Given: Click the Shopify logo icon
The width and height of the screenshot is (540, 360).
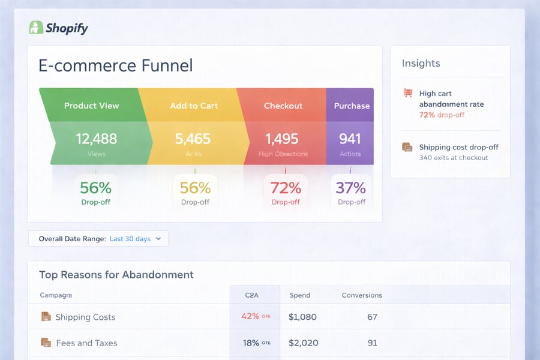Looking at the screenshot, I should (x=36, y=28).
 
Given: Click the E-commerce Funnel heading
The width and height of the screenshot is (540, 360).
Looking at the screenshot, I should (x=116, y=65).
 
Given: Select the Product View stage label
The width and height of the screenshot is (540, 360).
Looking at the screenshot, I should (x=92, y=106).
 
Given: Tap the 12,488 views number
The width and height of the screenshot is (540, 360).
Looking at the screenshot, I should (x=96, y=139).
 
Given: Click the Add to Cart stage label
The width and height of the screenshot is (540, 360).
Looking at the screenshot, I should (x=194, y=106).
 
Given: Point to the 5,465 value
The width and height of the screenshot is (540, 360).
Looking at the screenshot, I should (x=193, y=139).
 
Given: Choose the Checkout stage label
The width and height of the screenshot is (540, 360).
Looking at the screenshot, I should (x=283, y=106).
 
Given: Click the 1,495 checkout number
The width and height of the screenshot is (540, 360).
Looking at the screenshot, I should (x=282, y=139).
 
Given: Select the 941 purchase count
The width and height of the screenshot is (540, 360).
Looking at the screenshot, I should (x=350, y=139).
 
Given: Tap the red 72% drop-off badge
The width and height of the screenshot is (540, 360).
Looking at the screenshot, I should (x=286, y=192).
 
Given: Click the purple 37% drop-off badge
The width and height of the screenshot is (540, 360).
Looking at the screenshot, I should (x=351, y=192).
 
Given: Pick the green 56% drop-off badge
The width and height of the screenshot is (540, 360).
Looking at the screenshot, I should (x=96, y=192).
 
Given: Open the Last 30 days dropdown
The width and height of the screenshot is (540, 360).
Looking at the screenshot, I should (x=135, y=239).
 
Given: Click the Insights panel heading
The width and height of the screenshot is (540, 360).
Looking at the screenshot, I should (x=421, y=64).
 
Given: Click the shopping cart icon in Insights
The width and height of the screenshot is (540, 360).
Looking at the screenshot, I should (x=408, y=94).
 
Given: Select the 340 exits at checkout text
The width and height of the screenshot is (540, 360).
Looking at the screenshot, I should (x=454, y=158).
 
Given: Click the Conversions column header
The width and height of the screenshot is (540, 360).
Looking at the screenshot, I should (x=362, y=295).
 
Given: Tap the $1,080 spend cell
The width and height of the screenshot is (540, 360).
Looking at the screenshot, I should (x=302, y=317).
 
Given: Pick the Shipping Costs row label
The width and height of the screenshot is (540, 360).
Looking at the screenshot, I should (x=85, y=317).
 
